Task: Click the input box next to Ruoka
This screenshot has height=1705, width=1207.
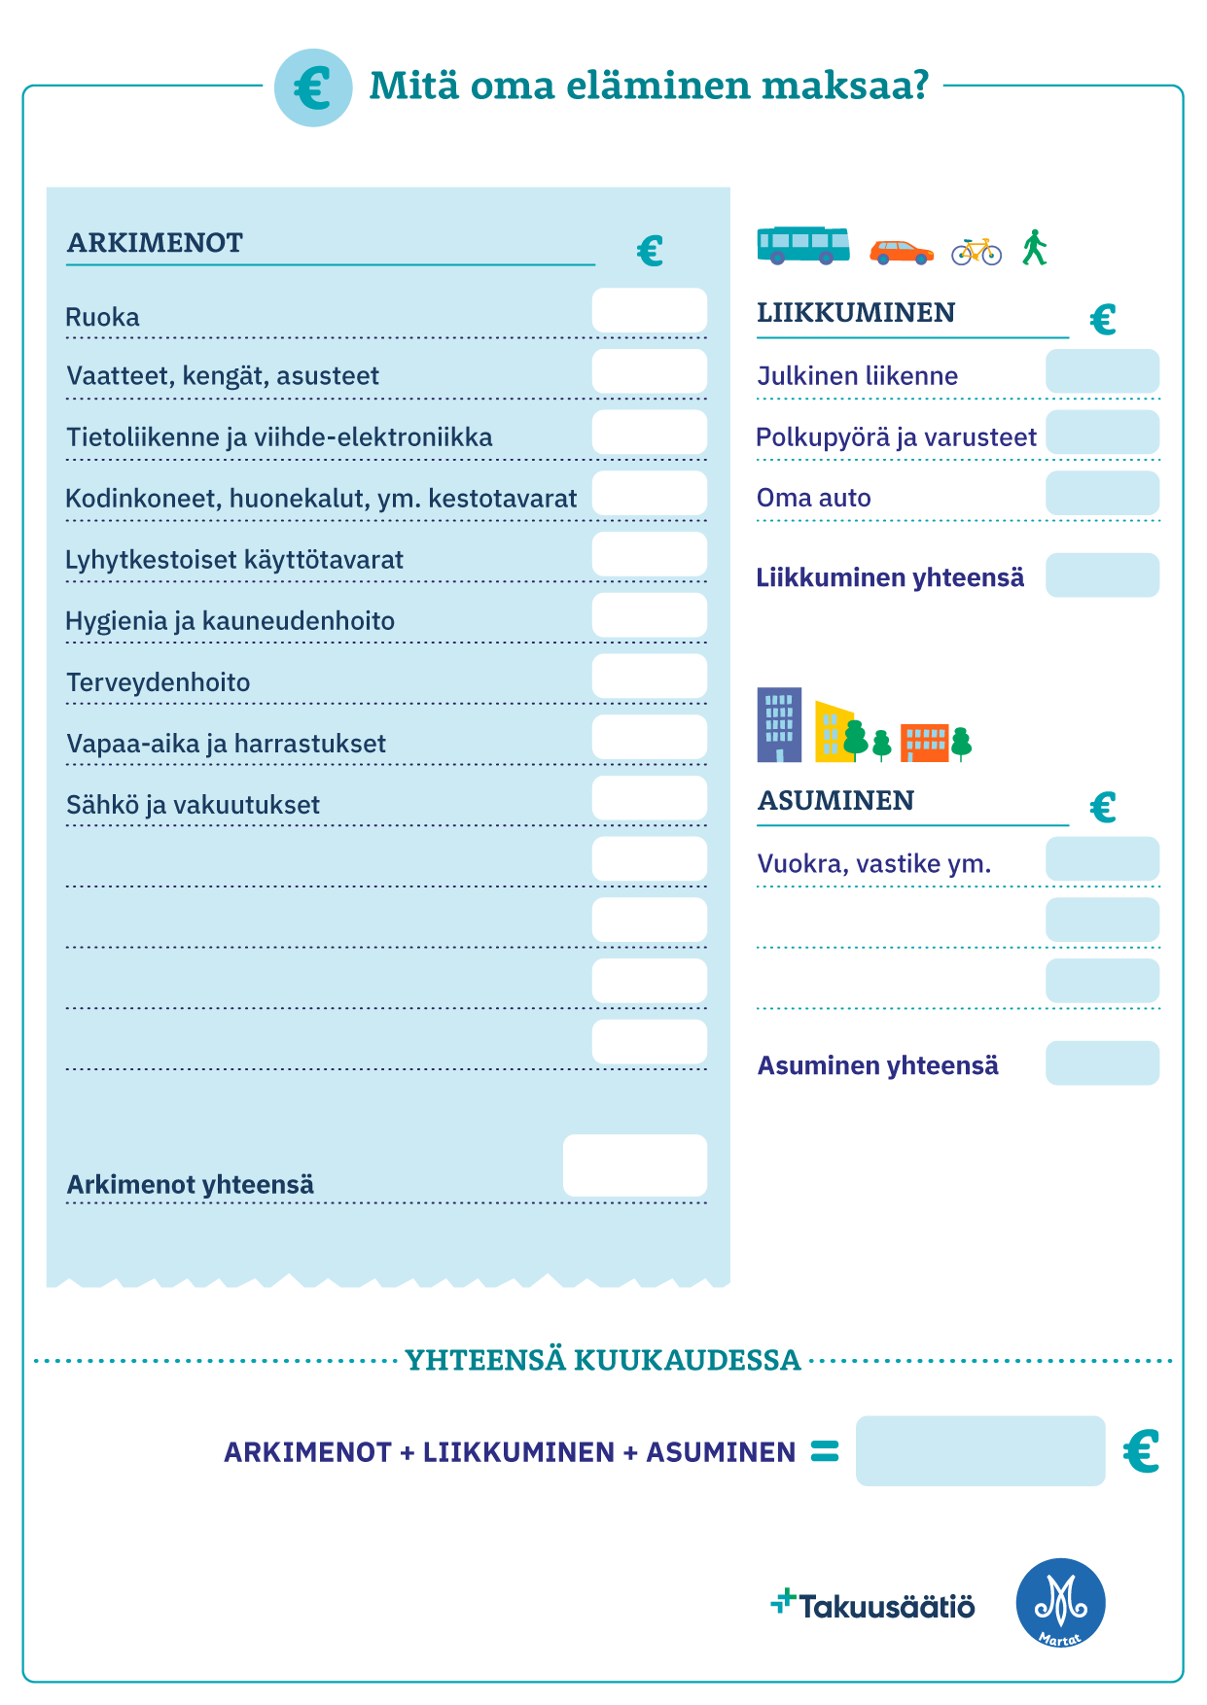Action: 649,310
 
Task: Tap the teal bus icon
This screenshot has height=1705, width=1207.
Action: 802,246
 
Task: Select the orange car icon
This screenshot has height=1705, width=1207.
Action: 901,252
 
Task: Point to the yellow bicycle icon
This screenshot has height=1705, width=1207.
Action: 976,252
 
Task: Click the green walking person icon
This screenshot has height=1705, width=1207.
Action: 1034,248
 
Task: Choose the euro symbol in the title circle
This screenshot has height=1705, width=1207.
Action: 313,87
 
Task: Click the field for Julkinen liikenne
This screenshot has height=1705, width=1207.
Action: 1102,371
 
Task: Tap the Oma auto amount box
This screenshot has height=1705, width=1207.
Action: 1102,493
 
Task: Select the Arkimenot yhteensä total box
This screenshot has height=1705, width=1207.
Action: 634,1165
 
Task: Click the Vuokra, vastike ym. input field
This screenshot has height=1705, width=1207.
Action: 1102,859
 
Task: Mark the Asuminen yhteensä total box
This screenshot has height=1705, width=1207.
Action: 1102,1063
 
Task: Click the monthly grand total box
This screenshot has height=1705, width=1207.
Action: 979,1450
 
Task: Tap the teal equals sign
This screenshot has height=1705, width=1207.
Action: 825,1451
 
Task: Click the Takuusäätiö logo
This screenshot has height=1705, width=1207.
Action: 872,1605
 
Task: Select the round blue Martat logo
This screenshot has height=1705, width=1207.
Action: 1060,1603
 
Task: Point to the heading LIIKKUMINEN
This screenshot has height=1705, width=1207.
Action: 856,313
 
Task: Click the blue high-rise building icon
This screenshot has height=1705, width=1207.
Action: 779,725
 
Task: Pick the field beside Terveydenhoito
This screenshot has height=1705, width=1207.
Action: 649,676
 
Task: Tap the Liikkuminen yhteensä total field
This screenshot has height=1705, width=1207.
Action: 1102,575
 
